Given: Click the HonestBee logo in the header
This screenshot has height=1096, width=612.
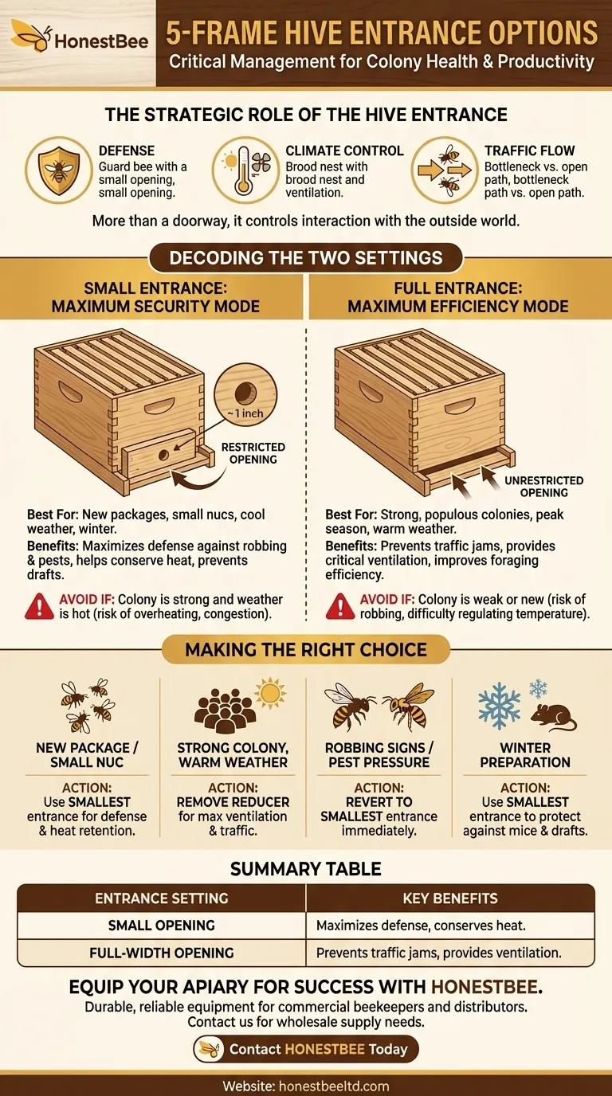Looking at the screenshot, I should (78, 38).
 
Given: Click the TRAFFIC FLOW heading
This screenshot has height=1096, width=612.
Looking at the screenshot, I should (529, 151).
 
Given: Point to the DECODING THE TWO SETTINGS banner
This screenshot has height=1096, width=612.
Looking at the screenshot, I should (305, 259).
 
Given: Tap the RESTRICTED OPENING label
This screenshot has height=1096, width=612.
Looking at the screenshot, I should (253, 453).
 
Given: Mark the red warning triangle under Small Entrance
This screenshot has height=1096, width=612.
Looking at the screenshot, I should (39, 607).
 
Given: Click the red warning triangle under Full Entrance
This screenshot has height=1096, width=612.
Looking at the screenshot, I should (340, 607).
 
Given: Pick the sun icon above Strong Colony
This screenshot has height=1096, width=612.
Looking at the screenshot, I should (270, 692).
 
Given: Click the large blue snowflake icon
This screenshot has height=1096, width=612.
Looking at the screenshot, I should (499, 705).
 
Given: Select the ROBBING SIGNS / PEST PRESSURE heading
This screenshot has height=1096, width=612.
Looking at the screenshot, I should (379, 755).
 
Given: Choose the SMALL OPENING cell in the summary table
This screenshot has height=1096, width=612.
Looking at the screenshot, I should (162, 926).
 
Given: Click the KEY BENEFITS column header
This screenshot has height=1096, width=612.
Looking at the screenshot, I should (450, 898).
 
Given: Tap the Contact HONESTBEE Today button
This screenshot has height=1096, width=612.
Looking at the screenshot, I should (306, 1049).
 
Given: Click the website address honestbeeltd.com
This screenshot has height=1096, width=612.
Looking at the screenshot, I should (306, 1085).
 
